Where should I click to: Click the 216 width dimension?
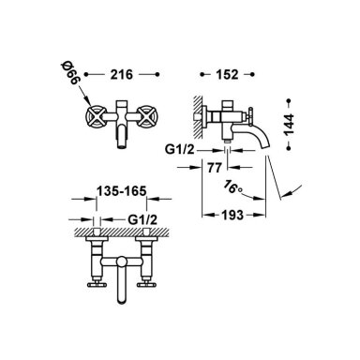(121, 75)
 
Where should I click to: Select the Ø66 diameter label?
(71, 73)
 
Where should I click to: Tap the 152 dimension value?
(227, 75)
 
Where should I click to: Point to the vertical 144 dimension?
(289, 125)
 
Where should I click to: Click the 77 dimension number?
(215, 168)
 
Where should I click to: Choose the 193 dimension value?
(232, 215)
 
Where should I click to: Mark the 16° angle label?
(232, 187)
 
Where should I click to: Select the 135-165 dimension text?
(121, 191)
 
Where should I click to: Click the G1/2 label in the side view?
(179, 150)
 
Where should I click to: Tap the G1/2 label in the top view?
(142, 220)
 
